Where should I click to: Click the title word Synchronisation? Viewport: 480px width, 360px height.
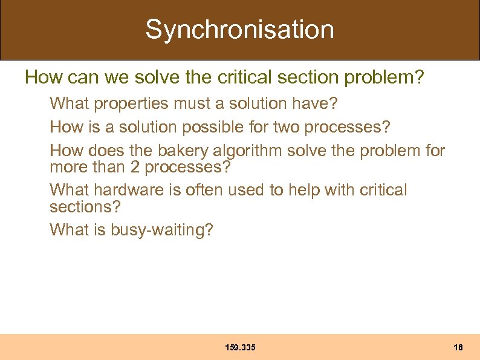(x=239, y=29)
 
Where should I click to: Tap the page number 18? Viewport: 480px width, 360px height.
(x=458, y=347)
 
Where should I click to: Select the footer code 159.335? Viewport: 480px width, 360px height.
(x=240, y=347)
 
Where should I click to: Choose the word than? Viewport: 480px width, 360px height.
(x=108, y=166)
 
